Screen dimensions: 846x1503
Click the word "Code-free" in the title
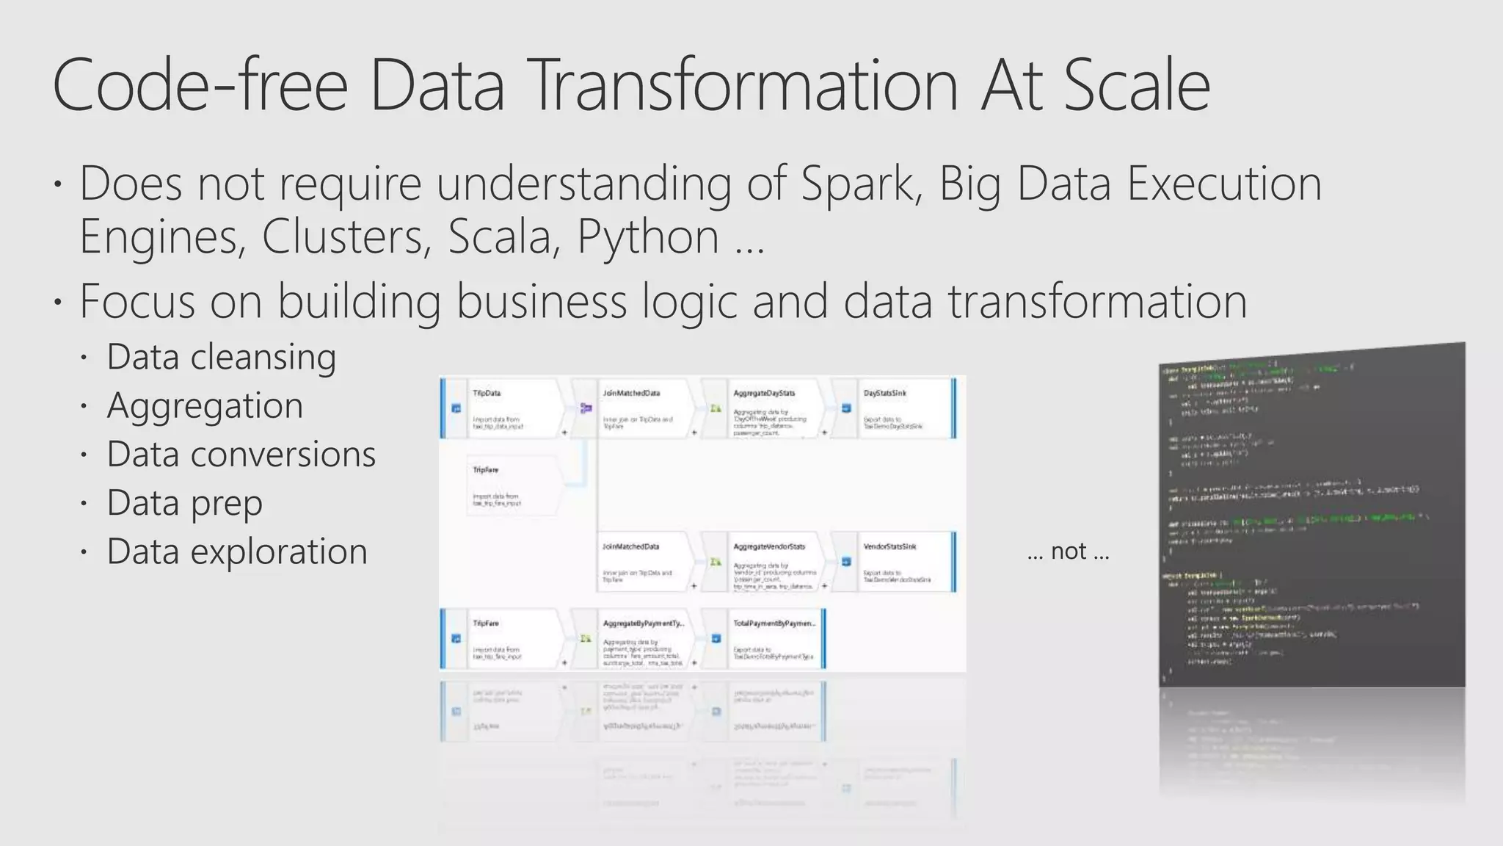(x=200, y=86)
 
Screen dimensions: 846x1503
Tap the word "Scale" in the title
(x=1136, y=86)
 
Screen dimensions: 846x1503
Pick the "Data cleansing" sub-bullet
(x=221, y=358)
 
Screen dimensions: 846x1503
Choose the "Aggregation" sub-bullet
(x=205, y=406)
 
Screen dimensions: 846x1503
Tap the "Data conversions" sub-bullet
(x=241, y=455)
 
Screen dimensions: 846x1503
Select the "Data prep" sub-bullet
(x=184, y=504)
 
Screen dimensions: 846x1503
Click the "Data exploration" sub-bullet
(x=237, y=552)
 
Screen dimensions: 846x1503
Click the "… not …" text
(x=1068, y=551)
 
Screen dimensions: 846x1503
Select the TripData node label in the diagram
(x=487, y=394)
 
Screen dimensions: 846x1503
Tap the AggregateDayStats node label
(x=764, y=394)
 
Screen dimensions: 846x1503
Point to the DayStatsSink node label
(x=884, y=394)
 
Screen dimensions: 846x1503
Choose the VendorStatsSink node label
(x=889, y=547)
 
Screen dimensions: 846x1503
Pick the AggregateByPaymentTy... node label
(x=643, y=623)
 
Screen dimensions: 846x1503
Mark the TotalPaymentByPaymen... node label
(x=774, y=623)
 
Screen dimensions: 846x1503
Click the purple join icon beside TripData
(x=586, y=408)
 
